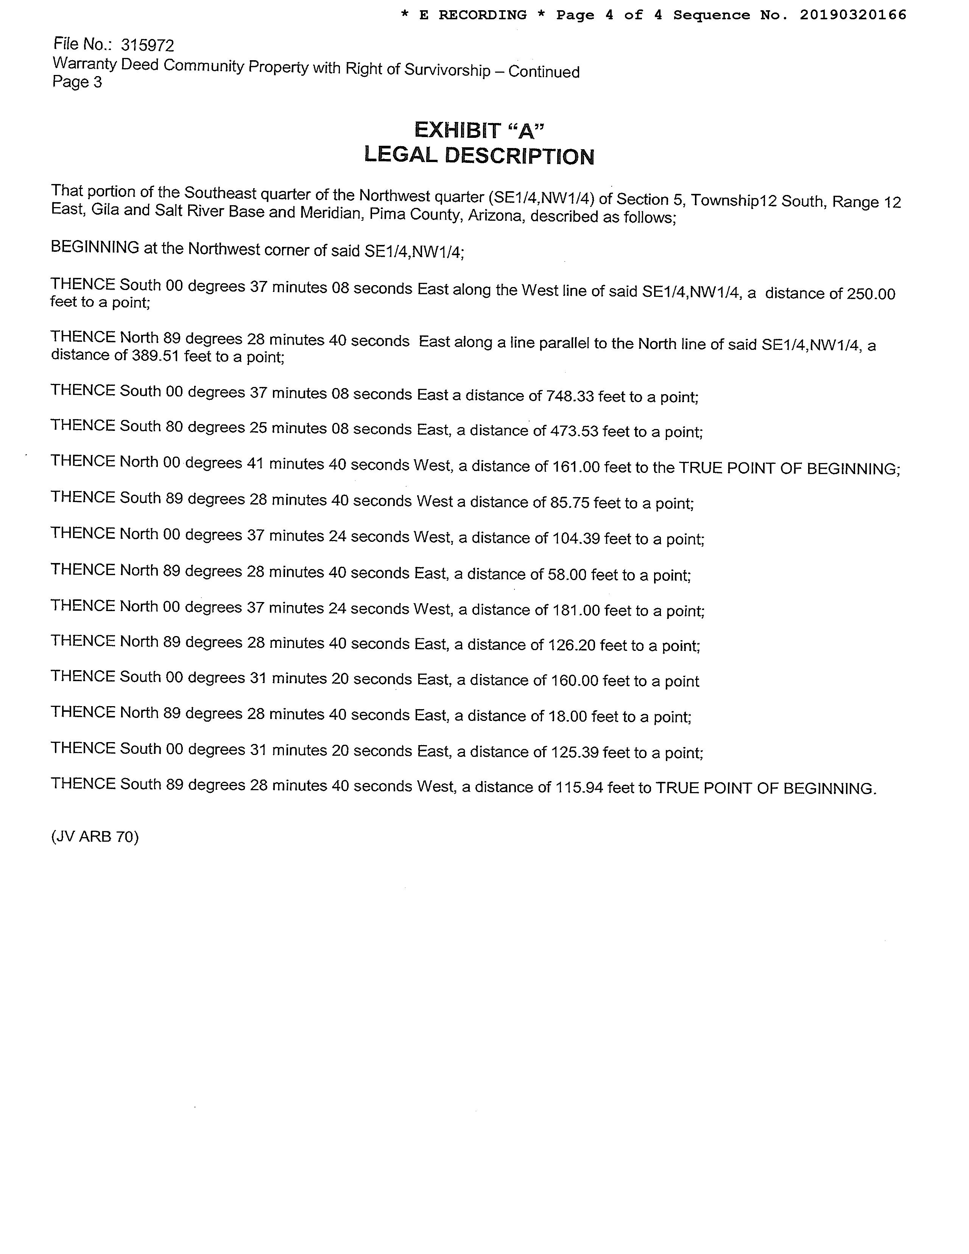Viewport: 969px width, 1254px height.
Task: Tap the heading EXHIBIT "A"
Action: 479,130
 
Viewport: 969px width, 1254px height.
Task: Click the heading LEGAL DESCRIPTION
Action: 479,156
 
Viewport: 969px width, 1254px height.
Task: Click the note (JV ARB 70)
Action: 95,837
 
